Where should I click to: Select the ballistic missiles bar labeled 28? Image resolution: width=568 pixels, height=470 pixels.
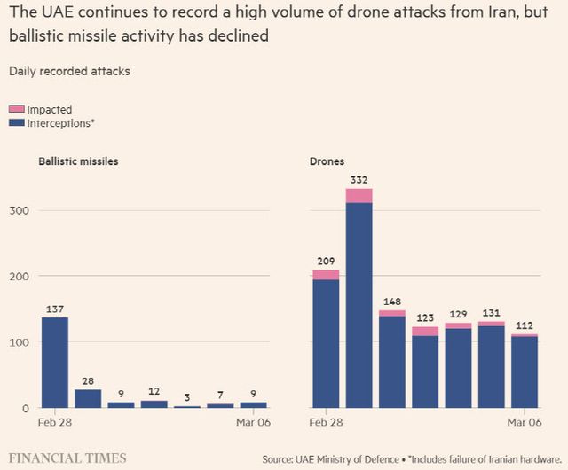click(x=87, y=398)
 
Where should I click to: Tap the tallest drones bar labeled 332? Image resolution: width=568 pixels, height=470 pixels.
click(x=359, y=302)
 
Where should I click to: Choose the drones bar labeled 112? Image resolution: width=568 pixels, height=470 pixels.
click(x=524, y=372)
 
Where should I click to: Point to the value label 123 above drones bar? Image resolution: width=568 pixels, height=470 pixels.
click(x=425, y=317)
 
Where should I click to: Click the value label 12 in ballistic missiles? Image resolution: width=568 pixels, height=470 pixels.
click(x=154, y=391)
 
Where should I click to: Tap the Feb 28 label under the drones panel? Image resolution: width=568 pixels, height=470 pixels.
click(x=327, y=422)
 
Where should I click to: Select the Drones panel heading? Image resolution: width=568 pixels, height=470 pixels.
click(x=327, y=161)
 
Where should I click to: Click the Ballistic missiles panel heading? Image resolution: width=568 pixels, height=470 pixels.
click(x=78, y=161)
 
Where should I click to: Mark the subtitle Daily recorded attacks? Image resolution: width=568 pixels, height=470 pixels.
click(x=69, y=71)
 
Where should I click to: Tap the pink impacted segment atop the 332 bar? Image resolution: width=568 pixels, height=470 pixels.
click(x=359, y=196)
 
